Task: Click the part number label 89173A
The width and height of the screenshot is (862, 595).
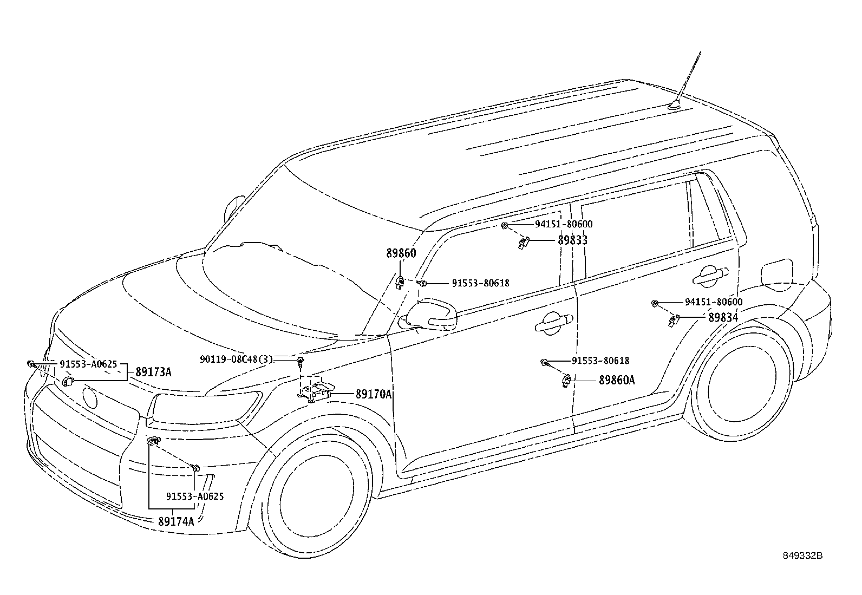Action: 153,372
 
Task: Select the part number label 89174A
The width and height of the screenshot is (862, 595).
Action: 176,521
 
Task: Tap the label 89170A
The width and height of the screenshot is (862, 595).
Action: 373,394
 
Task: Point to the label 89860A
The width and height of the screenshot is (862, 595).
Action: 617,380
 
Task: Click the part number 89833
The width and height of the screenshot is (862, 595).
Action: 573,240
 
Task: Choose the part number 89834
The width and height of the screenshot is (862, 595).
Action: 723,317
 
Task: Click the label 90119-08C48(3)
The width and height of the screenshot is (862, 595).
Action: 236,359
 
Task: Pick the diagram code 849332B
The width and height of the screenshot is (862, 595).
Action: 803,555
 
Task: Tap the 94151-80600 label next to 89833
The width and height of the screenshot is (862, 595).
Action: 564,224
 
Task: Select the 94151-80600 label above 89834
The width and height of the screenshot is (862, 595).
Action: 714,302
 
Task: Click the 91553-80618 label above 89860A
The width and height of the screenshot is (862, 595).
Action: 600,361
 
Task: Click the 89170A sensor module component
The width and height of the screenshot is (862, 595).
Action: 316,392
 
